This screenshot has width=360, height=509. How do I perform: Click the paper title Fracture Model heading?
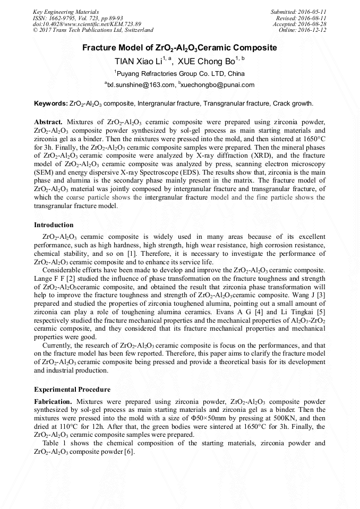tap(179, 48)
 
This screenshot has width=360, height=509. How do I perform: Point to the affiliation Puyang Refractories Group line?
tap(181, 73)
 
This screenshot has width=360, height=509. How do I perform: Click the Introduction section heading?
tap(54, 225)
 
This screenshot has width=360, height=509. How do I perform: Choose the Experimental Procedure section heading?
tap(72, 389)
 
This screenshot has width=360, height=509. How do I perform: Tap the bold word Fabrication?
tap(54, 402)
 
